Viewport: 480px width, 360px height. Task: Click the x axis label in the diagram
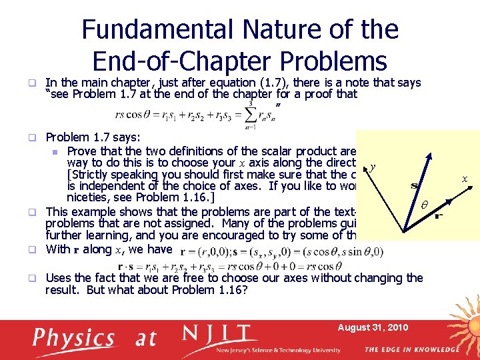tap(464, 178)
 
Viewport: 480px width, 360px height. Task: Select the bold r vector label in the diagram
tap(439, 216)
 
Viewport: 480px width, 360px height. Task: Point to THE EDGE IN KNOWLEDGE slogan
tap(411, 349)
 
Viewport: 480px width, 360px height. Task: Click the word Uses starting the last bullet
tap(59, 278)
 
